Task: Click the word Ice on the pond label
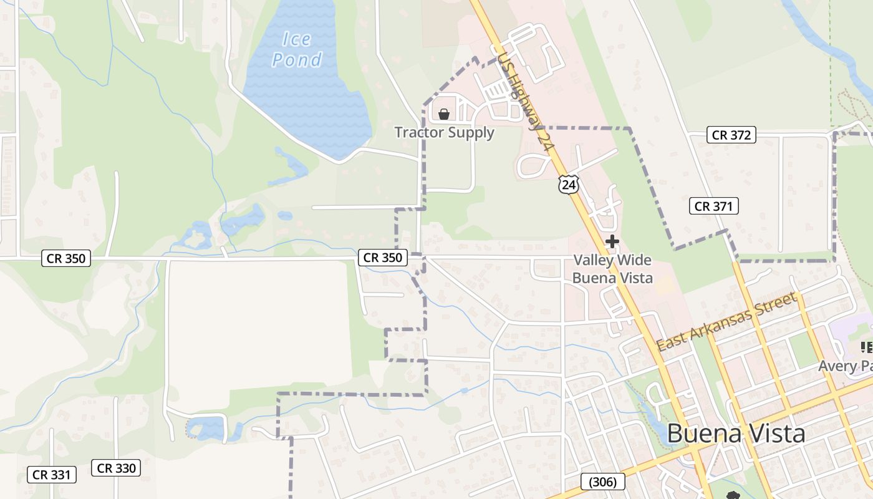click(x=296, y=39)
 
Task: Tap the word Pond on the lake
click(x=297, y=60)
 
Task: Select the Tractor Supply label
click(x=444, y=132)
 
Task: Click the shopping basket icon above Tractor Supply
click(x=444, y=114)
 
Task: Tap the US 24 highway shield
click(x=568, y=183)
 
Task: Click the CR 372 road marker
click(x=731, y=135)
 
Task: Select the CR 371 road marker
click(x=713, y=206)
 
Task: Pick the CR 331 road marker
click(x=52, y=475)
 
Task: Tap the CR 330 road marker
click(x=116, y=468)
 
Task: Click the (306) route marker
click(x=602, y=482)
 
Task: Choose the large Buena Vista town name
click(x=736, y=434)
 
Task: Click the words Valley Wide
click(x=612, y=260)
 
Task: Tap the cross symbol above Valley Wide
click(x=612, y=241)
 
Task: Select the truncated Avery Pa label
click(x=846, y=366)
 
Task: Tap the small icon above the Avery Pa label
click(x=866, y=347)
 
